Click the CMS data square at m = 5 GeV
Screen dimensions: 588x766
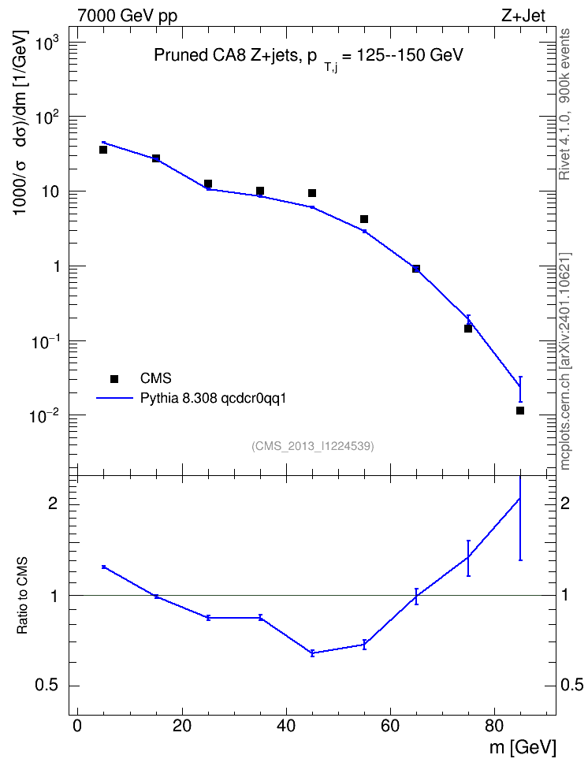(x=103, y=150)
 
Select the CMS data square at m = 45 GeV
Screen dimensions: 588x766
(x=312, y=193)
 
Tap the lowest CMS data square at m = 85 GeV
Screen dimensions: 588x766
(x=520, y=411)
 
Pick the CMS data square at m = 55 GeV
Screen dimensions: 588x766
(x=364, y=219)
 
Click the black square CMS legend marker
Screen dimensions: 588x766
(x=114, y=378)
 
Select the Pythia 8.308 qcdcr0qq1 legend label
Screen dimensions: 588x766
(x=213, y=399)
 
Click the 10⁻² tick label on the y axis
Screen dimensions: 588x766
(x=44, y=416)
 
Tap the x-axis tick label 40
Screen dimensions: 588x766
(x=286, y=725)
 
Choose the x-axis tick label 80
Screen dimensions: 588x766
(x=494, y=725)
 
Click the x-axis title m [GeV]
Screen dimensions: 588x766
(x=523, y=748)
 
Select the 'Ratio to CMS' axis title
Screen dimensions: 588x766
(x=22, y=595)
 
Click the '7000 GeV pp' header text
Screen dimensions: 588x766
(x=127, y=16)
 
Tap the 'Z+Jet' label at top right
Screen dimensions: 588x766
(x=523, y=16)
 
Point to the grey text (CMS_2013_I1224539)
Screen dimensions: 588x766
(x=313, y=446)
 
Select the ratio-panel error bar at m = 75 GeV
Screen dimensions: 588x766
(x=468, y=558)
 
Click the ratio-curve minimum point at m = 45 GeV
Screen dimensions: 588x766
(x=312, y=653)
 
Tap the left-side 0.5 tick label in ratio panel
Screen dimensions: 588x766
(x=47, y=686)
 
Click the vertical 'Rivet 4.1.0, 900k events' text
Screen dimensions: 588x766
(x=564, y=104)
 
